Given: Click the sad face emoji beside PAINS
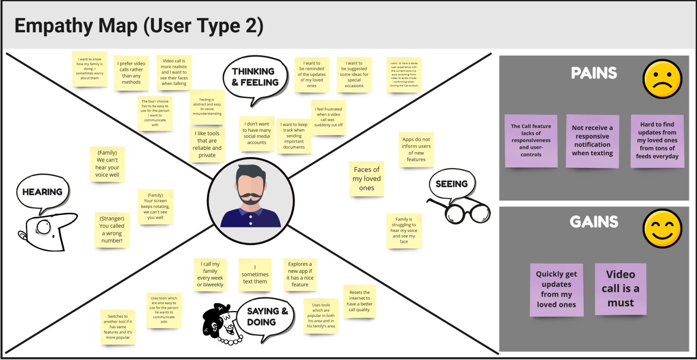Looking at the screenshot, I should click(663, 79).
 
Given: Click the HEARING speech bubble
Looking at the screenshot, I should click(43, 192).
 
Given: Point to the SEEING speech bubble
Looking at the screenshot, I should click(452, 184).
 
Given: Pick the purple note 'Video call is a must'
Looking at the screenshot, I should click(620, 289).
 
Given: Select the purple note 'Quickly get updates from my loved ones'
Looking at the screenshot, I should click(556, 290).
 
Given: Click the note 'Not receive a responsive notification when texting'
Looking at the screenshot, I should click(592, 141).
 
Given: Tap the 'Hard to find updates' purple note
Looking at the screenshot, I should click(657, 140).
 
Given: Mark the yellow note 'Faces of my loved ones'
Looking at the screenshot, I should click(367, 179).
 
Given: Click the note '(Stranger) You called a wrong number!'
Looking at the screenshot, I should click(112, 230).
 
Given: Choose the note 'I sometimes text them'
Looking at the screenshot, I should click(255, 275).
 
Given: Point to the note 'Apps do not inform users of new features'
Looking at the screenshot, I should click(416, 149).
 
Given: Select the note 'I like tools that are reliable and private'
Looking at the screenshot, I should click(207, 144).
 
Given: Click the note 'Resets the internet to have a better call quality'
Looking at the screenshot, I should click(359, 301).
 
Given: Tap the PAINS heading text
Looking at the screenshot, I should click(594, 73).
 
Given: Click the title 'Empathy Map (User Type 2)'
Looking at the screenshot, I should click(139, 26).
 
